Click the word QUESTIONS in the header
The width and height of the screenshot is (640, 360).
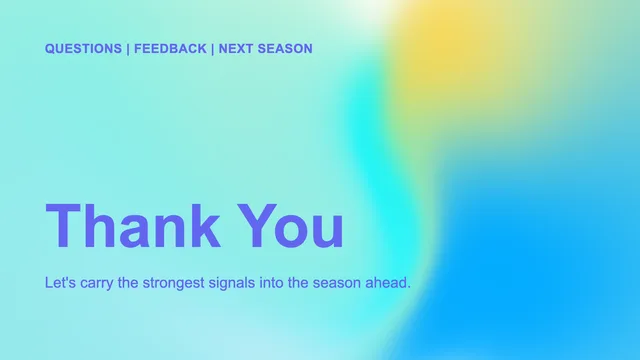click(x=83, y=49)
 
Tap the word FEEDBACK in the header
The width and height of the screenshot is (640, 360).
click(x=170, y=49)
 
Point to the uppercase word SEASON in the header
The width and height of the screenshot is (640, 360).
click(x=285, y=49)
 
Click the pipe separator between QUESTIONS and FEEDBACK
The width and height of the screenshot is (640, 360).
click(x=128, y=49)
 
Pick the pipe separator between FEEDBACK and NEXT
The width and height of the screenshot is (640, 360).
click(x=213, y=49)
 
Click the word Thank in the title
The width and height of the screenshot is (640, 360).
click(x=133, y=225)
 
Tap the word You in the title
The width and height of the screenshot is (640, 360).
click(x=291, y=225)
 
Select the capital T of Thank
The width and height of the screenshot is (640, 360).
click(x=63, y=225)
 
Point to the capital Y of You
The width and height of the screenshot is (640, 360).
click(x=257, y=225)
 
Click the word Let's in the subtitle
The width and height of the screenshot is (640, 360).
click(x=60, y=282)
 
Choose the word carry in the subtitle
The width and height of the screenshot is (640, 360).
click(x=97, y=284)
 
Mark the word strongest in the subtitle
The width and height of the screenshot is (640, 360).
click(x=173, y=283)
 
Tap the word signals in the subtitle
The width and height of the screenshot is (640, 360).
click(x=232, y=283)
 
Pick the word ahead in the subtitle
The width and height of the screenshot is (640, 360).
click(x=388, y=282)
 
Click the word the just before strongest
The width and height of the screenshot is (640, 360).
click(x=128, y=282)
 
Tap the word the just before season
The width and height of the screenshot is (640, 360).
click(x=298, y=282)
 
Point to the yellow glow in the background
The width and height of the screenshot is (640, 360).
click(x=445, y=45)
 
